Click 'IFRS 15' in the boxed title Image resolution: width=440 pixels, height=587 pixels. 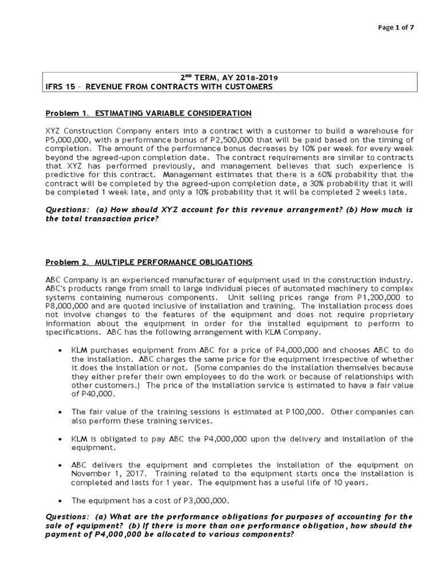[x=58, y=87]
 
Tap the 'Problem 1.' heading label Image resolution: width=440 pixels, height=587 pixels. [x=66, y=113]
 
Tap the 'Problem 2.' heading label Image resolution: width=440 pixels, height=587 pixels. [x=66, y=262]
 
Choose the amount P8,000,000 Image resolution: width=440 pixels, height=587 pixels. [x=66, y=307]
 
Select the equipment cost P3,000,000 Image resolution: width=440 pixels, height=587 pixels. [x=202, y=500]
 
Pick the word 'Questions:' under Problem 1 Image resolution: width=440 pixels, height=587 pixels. [x=65, y=209]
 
